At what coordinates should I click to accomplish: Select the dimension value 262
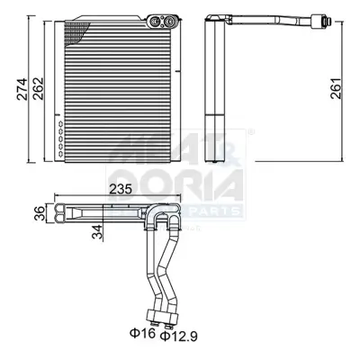click(37, 89)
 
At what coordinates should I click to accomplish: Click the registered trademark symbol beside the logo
click(249, 133)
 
